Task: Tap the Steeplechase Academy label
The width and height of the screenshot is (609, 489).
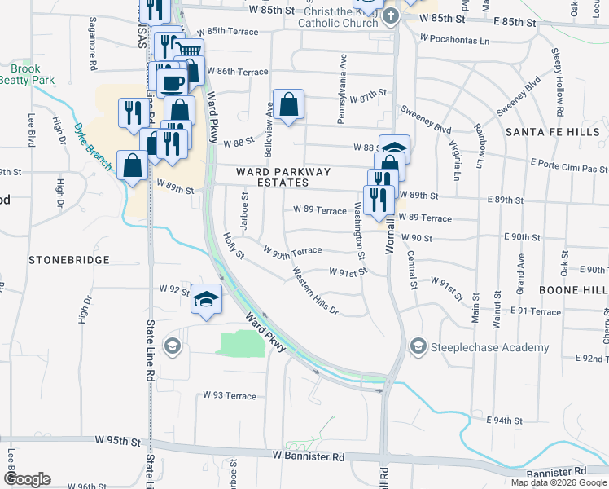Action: click(490, 348)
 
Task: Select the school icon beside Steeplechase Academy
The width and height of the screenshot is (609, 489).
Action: click(418, 347)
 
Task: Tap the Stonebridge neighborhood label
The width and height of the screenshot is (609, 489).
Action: click(68, 260)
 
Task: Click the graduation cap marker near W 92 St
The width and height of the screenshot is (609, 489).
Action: click(207, 299)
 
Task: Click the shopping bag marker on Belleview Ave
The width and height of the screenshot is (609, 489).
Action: click(288, 104)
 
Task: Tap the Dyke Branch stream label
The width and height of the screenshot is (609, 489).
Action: click(89, 140)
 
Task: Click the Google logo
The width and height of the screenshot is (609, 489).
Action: click(27, 480)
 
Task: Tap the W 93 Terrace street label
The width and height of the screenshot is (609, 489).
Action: click(229, 395)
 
